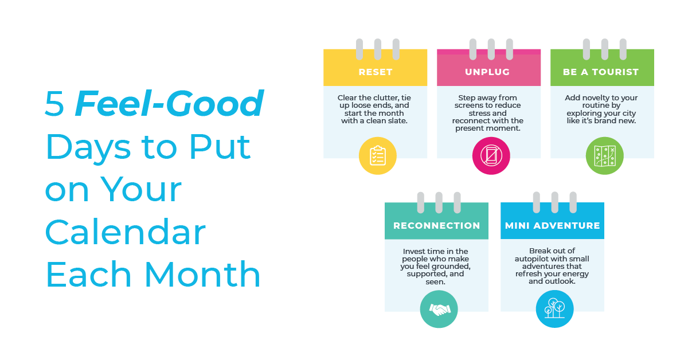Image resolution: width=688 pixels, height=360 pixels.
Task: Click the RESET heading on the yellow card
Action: pos(376,72)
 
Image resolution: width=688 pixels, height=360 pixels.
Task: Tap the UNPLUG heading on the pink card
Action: pos(487,72)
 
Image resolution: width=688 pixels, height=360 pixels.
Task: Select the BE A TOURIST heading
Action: pos(601,72)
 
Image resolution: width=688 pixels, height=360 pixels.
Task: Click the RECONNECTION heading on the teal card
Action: pos(436,225)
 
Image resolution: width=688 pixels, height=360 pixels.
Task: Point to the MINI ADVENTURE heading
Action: pos(552,225)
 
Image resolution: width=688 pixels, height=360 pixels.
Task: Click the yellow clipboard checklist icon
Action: pos(377,156)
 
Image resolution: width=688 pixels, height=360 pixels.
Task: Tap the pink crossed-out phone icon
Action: pos(491,156)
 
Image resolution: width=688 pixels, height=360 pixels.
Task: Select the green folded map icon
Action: pos(604,156)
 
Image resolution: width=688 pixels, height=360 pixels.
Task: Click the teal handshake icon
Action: pos(439,309)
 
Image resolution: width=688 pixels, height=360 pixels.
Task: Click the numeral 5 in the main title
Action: pos(54,104)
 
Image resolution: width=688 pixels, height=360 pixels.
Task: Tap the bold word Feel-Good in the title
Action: pos(169,103)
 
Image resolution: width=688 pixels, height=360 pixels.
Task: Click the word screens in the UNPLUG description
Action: pos(470,105)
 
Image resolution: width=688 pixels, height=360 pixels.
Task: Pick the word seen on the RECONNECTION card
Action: pos(435,281)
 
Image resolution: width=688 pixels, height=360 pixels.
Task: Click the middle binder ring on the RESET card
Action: pos(377,49)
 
